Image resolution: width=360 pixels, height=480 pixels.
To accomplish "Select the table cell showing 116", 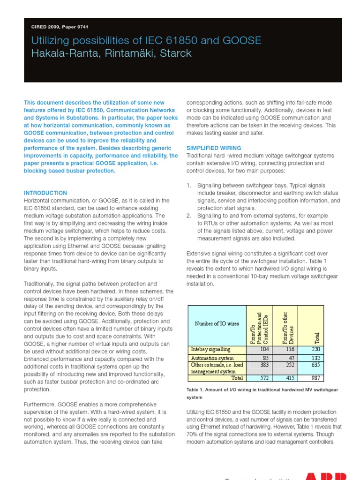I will pos(291,349).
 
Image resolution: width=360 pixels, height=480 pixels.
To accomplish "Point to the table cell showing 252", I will pos(291,364).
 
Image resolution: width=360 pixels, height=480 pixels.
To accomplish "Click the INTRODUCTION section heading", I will pos(45,193).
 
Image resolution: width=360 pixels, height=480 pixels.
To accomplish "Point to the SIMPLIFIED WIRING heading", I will pos(214,148).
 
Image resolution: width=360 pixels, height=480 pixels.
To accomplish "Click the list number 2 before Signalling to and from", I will pos(188,216).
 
